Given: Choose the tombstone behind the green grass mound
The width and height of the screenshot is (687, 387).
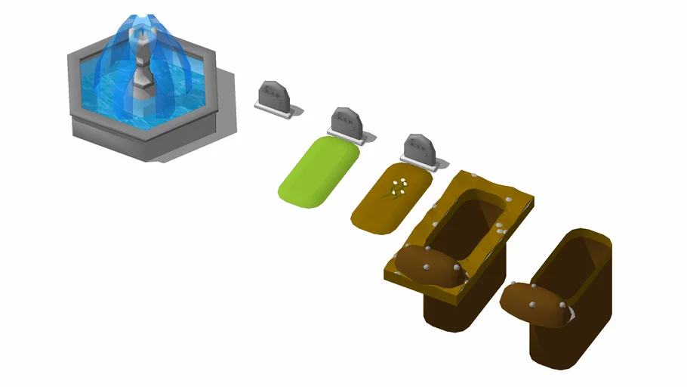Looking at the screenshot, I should pos(346,122).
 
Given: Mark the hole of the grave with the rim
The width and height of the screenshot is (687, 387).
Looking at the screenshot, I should pos(472,223).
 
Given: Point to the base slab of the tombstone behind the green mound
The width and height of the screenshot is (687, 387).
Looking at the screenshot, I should pos(355,139).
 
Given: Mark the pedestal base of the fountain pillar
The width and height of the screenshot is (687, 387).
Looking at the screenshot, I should pos(140,94).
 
